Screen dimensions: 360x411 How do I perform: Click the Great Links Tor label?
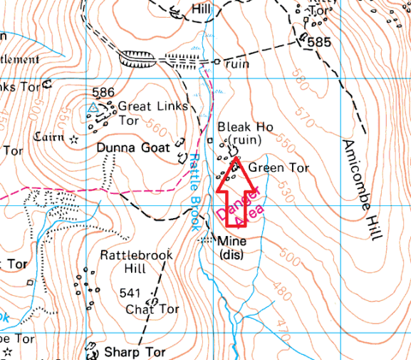click(153, 113)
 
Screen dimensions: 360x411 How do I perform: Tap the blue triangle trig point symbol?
click(92, 108)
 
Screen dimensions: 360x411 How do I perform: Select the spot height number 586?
click(104, 93)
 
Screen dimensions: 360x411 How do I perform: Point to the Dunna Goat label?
click(134, 148)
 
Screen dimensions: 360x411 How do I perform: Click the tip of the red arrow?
click(235, 163)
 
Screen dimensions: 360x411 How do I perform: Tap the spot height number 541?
click(130, 293)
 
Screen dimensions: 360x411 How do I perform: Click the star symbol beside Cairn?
click(74, 139)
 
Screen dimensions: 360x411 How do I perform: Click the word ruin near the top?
click(235, 63)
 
